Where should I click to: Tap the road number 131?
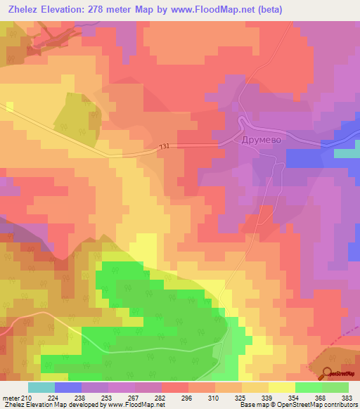coord(165,146)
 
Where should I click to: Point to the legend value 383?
coord(347,399)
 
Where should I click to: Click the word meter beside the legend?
coord(11,399)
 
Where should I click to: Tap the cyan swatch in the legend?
coord(41,387)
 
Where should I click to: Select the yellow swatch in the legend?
coord(282,387)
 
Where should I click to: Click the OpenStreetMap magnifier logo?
coord(328,373)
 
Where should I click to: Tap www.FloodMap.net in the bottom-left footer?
coord(136,405)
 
